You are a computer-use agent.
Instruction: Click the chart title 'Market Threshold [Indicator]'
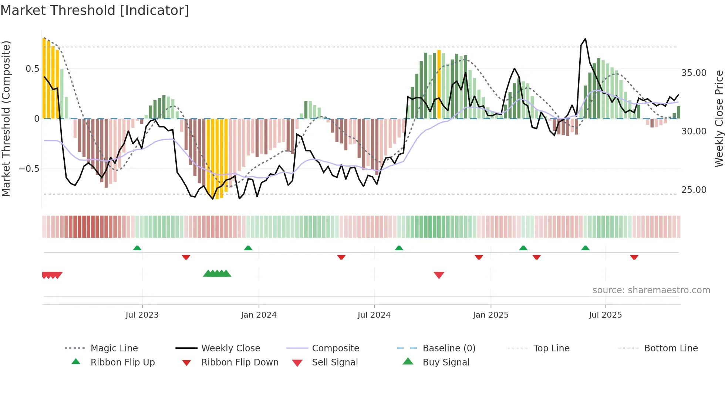[95, 10]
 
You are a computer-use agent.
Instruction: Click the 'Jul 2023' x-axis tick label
[142, 315]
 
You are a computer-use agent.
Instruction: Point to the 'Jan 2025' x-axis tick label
[490, 315]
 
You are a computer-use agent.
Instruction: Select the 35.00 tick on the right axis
[694, 73]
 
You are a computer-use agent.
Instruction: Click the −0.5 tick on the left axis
[29, 169]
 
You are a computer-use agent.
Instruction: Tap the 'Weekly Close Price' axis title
[719, 118]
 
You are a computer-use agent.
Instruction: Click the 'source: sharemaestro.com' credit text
[651, 290]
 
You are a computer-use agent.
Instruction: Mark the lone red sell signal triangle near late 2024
[439, 275]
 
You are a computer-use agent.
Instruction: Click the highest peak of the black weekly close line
[585, 39]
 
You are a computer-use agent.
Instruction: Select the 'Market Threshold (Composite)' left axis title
[6, 118]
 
